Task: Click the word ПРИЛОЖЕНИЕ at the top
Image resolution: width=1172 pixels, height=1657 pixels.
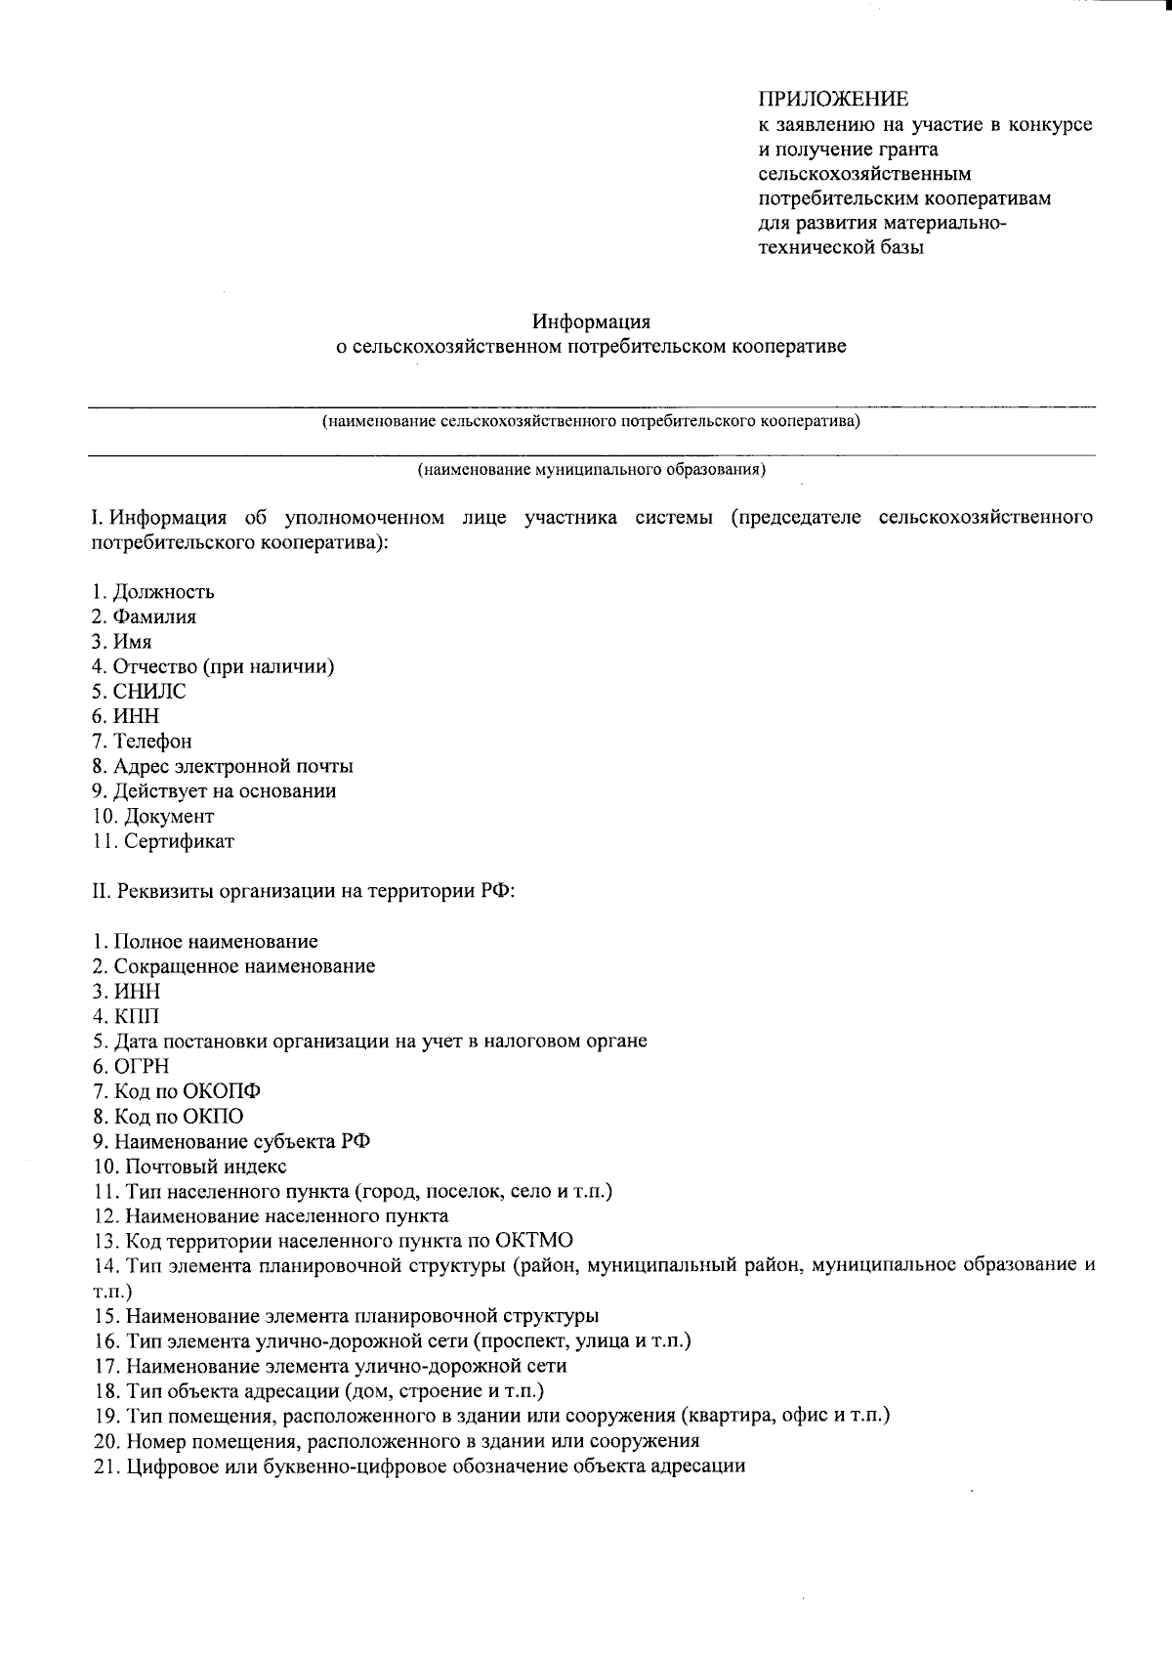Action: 833,100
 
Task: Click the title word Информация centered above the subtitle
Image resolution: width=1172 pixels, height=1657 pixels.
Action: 591,321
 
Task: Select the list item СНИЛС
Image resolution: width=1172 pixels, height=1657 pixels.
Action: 148,692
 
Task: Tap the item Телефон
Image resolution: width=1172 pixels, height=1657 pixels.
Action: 152,742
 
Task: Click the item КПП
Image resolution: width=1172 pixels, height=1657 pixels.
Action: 136,1016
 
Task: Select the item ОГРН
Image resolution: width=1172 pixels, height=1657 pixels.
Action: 142,1067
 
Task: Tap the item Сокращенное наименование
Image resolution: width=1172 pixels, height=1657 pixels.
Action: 244,966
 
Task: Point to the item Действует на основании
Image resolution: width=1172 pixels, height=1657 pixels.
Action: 225,791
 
